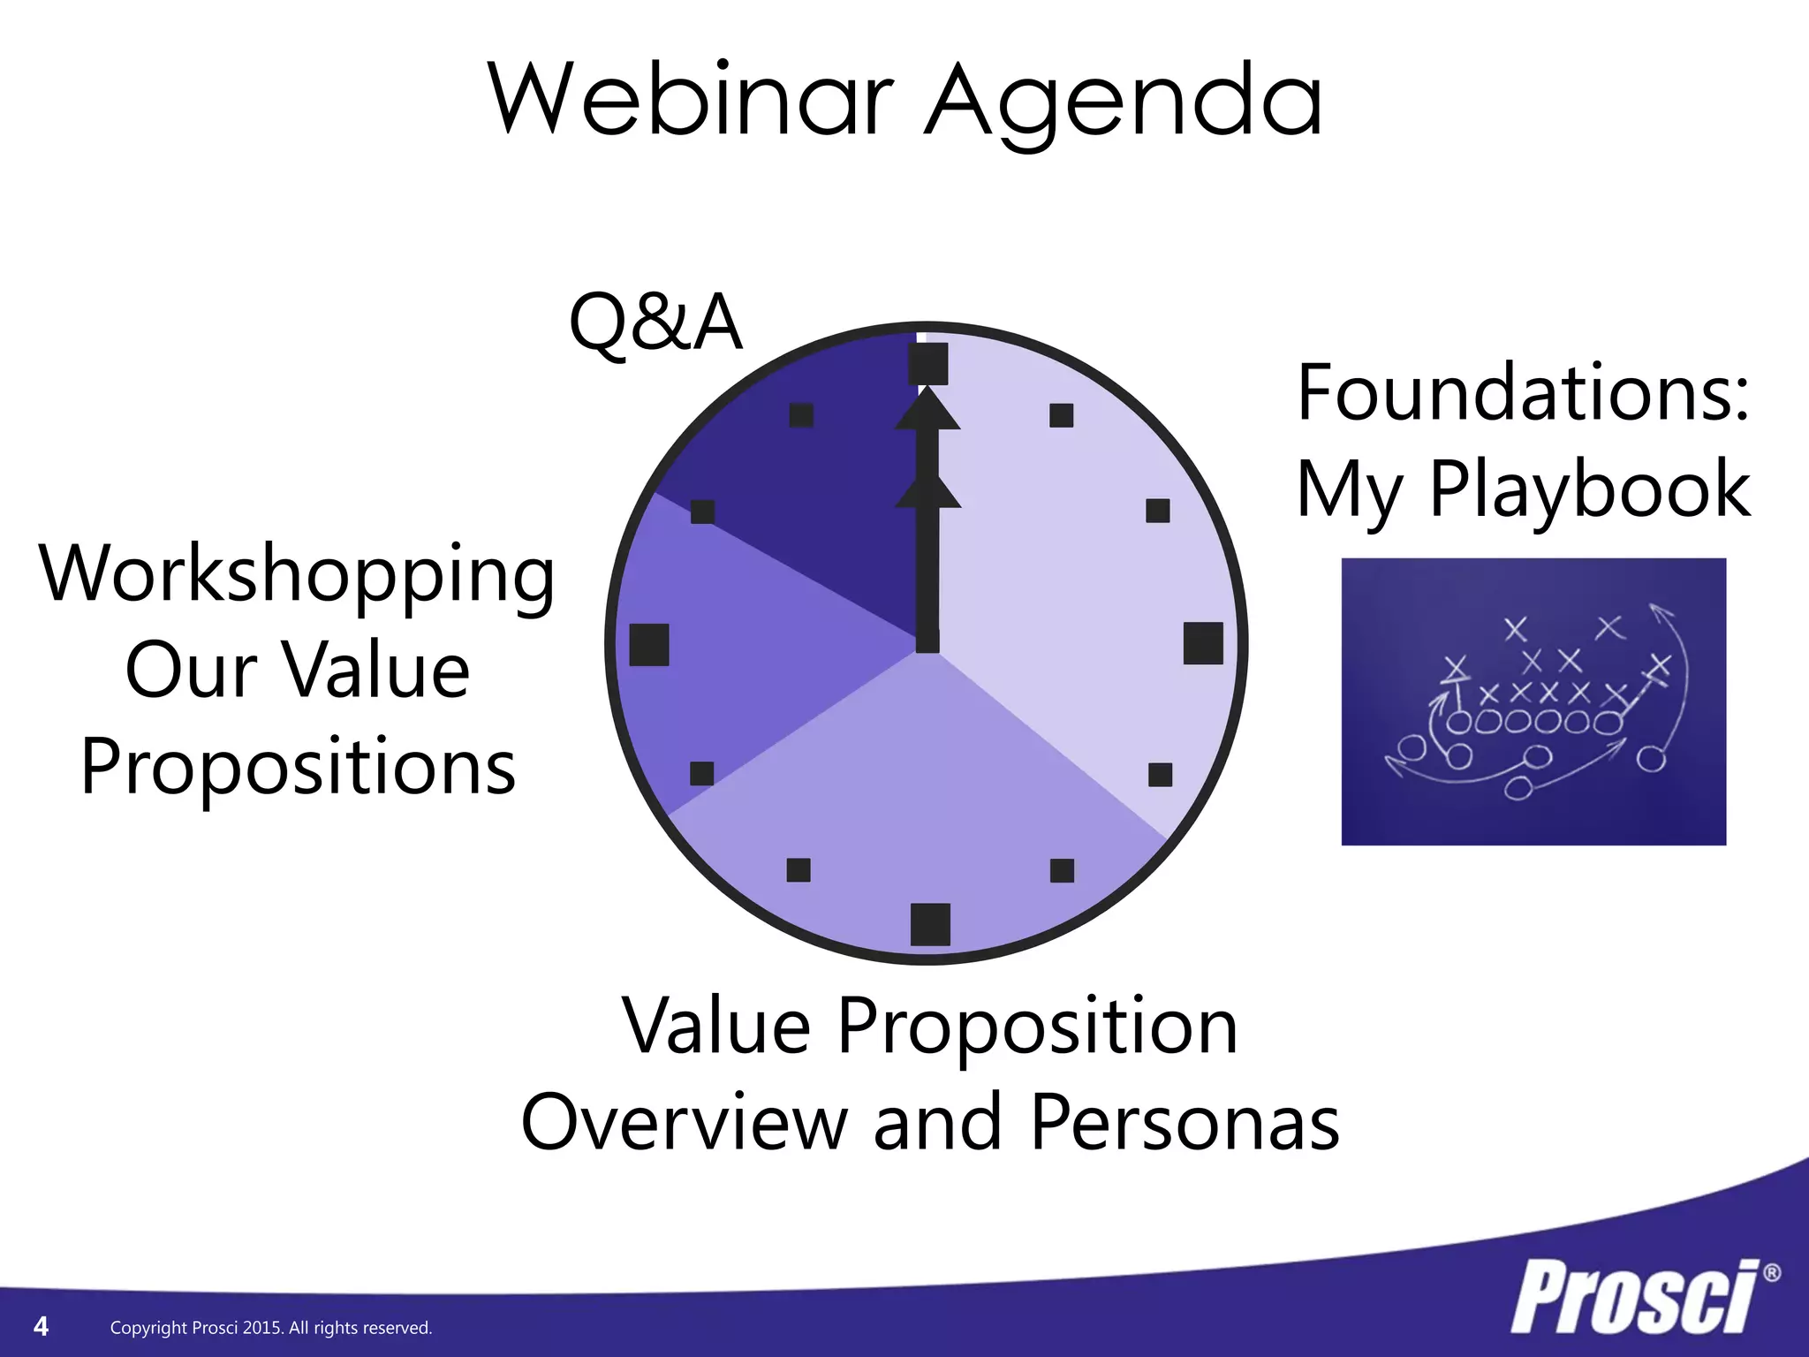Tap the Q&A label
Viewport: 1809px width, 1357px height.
(655, 322)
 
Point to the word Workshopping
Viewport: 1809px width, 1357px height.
(297, 575)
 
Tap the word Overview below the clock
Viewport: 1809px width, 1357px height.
(684, 1122)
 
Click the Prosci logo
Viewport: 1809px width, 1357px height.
(1634, 1297)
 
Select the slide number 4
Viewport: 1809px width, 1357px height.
(41, 1325)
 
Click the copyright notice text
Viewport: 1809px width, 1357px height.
(271, 1327)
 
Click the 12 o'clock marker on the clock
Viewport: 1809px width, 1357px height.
(928, 363)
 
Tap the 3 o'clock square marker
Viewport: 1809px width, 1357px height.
(1203, 643)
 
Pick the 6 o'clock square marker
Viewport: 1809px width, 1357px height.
(930, 924)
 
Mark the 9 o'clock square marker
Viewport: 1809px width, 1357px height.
(649, 644)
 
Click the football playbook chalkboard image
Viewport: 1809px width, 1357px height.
(1533, 701)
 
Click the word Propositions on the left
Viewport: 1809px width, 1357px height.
(298, 767)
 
